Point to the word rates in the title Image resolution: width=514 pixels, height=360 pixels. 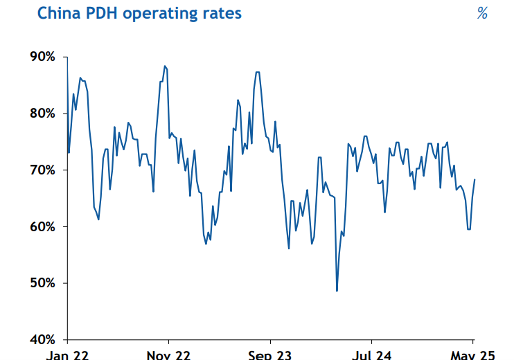pos(222,14)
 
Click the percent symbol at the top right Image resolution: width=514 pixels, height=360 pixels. pos(482,14)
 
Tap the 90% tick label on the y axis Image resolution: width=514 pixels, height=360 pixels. pos(41,57)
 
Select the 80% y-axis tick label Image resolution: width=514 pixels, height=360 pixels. pos(41,114)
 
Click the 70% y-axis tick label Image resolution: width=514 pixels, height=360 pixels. pos(41,170)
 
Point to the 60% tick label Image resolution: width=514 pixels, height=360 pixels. pos(41,227)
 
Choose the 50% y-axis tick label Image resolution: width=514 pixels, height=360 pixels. pos(41,283)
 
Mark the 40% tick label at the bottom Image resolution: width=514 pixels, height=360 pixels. pos(41,340)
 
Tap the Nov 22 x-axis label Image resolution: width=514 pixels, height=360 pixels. pos(168,355)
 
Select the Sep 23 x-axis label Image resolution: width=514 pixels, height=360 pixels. pos(269,355)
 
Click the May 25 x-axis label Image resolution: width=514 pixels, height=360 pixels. pos(472,355)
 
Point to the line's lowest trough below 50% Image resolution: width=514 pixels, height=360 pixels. pos(337,291)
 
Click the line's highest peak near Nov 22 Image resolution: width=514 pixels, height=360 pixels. pos(165,66)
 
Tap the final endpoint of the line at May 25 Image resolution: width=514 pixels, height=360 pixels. pos(475,179)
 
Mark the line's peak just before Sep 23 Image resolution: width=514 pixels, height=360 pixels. pos(257,72)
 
